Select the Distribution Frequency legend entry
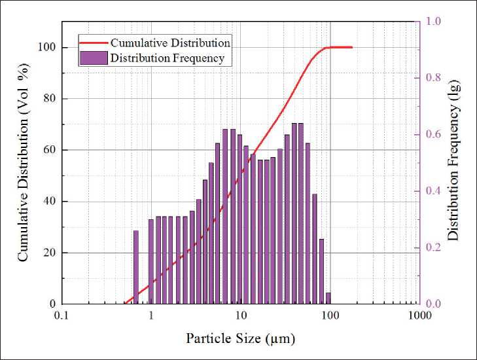167,58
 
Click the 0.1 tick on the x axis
62,315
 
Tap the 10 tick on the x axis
241,315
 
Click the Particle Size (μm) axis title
241,338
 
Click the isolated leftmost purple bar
136,267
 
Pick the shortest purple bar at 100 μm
328,298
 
